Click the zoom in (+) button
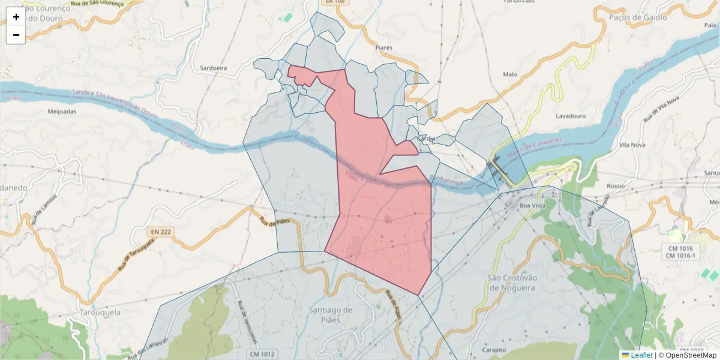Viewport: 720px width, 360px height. pyautogui.click(x=16, y=17)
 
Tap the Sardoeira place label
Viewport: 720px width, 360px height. pyautogui.click(x=214, y=68)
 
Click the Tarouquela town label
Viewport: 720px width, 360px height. pyautogui.click(x=100, y=313)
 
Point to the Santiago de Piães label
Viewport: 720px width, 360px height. pyautogui.click(x=330, y=314)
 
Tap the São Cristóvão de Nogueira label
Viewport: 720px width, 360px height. pyautogui.click(x=511, y=282)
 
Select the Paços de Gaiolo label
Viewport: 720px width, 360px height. pyautogui.click(x=637, y=17)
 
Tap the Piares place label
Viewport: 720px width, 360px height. pyautogui.click(x=383, y=47)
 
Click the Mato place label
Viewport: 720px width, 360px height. pyautogui.click(x=510, y=74)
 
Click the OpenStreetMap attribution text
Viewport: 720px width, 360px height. pyautogui.click(x=686, y=355)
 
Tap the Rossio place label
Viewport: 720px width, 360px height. pyautogui.click(x=616, y=186)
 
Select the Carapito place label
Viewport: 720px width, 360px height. pyautogui.click(x=494, y=349)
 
